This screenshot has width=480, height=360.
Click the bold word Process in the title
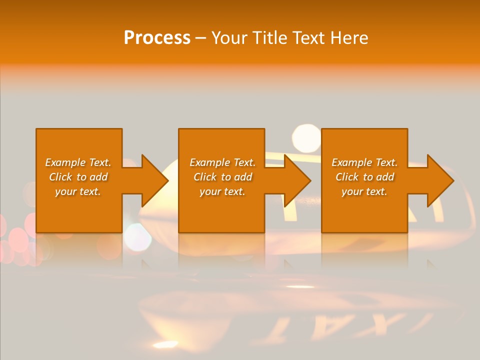tap(157, 38)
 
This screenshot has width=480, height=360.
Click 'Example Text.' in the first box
tap(78, 162)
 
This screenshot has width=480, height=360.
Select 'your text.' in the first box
tap(78, 191)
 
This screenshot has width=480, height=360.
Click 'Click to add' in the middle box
tap(222, 177)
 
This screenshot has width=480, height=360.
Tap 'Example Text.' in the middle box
tap(222, 162)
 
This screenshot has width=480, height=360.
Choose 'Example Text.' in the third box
tap(364, 162)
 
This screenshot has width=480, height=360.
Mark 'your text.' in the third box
tap(364, 191)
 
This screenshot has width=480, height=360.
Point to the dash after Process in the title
tap(200, 38)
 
